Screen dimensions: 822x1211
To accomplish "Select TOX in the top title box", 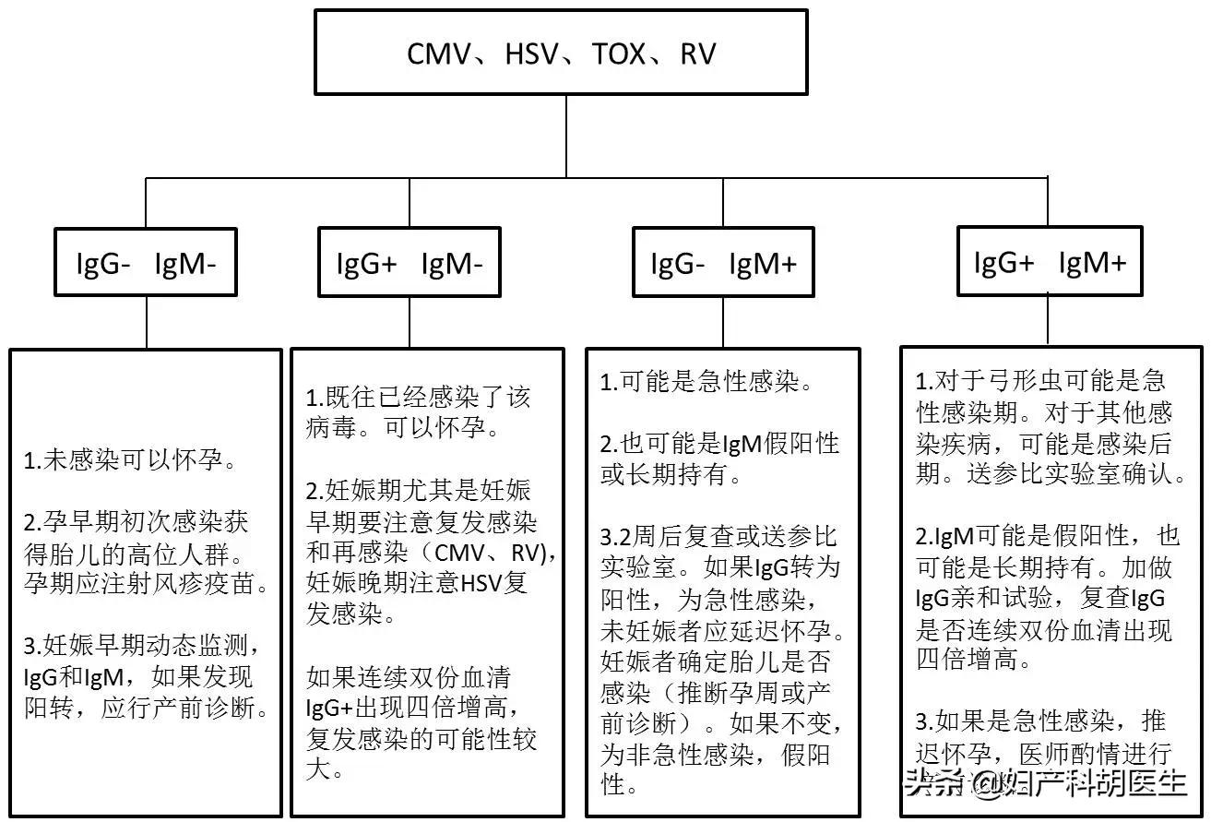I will coord(619,54).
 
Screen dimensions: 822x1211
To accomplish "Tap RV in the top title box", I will coord(697,54).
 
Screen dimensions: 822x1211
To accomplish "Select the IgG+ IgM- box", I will coord(409,265).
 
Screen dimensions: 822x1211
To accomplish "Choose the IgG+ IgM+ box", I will coord(1050,263).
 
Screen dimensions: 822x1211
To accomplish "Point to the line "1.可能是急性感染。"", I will coord(706,382).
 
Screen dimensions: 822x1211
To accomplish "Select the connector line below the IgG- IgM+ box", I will coord(723,323).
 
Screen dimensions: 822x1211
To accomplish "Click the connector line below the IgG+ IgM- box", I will coord(409,323).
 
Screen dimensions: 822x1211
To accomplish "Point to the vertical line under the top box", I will coord(566,135).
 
